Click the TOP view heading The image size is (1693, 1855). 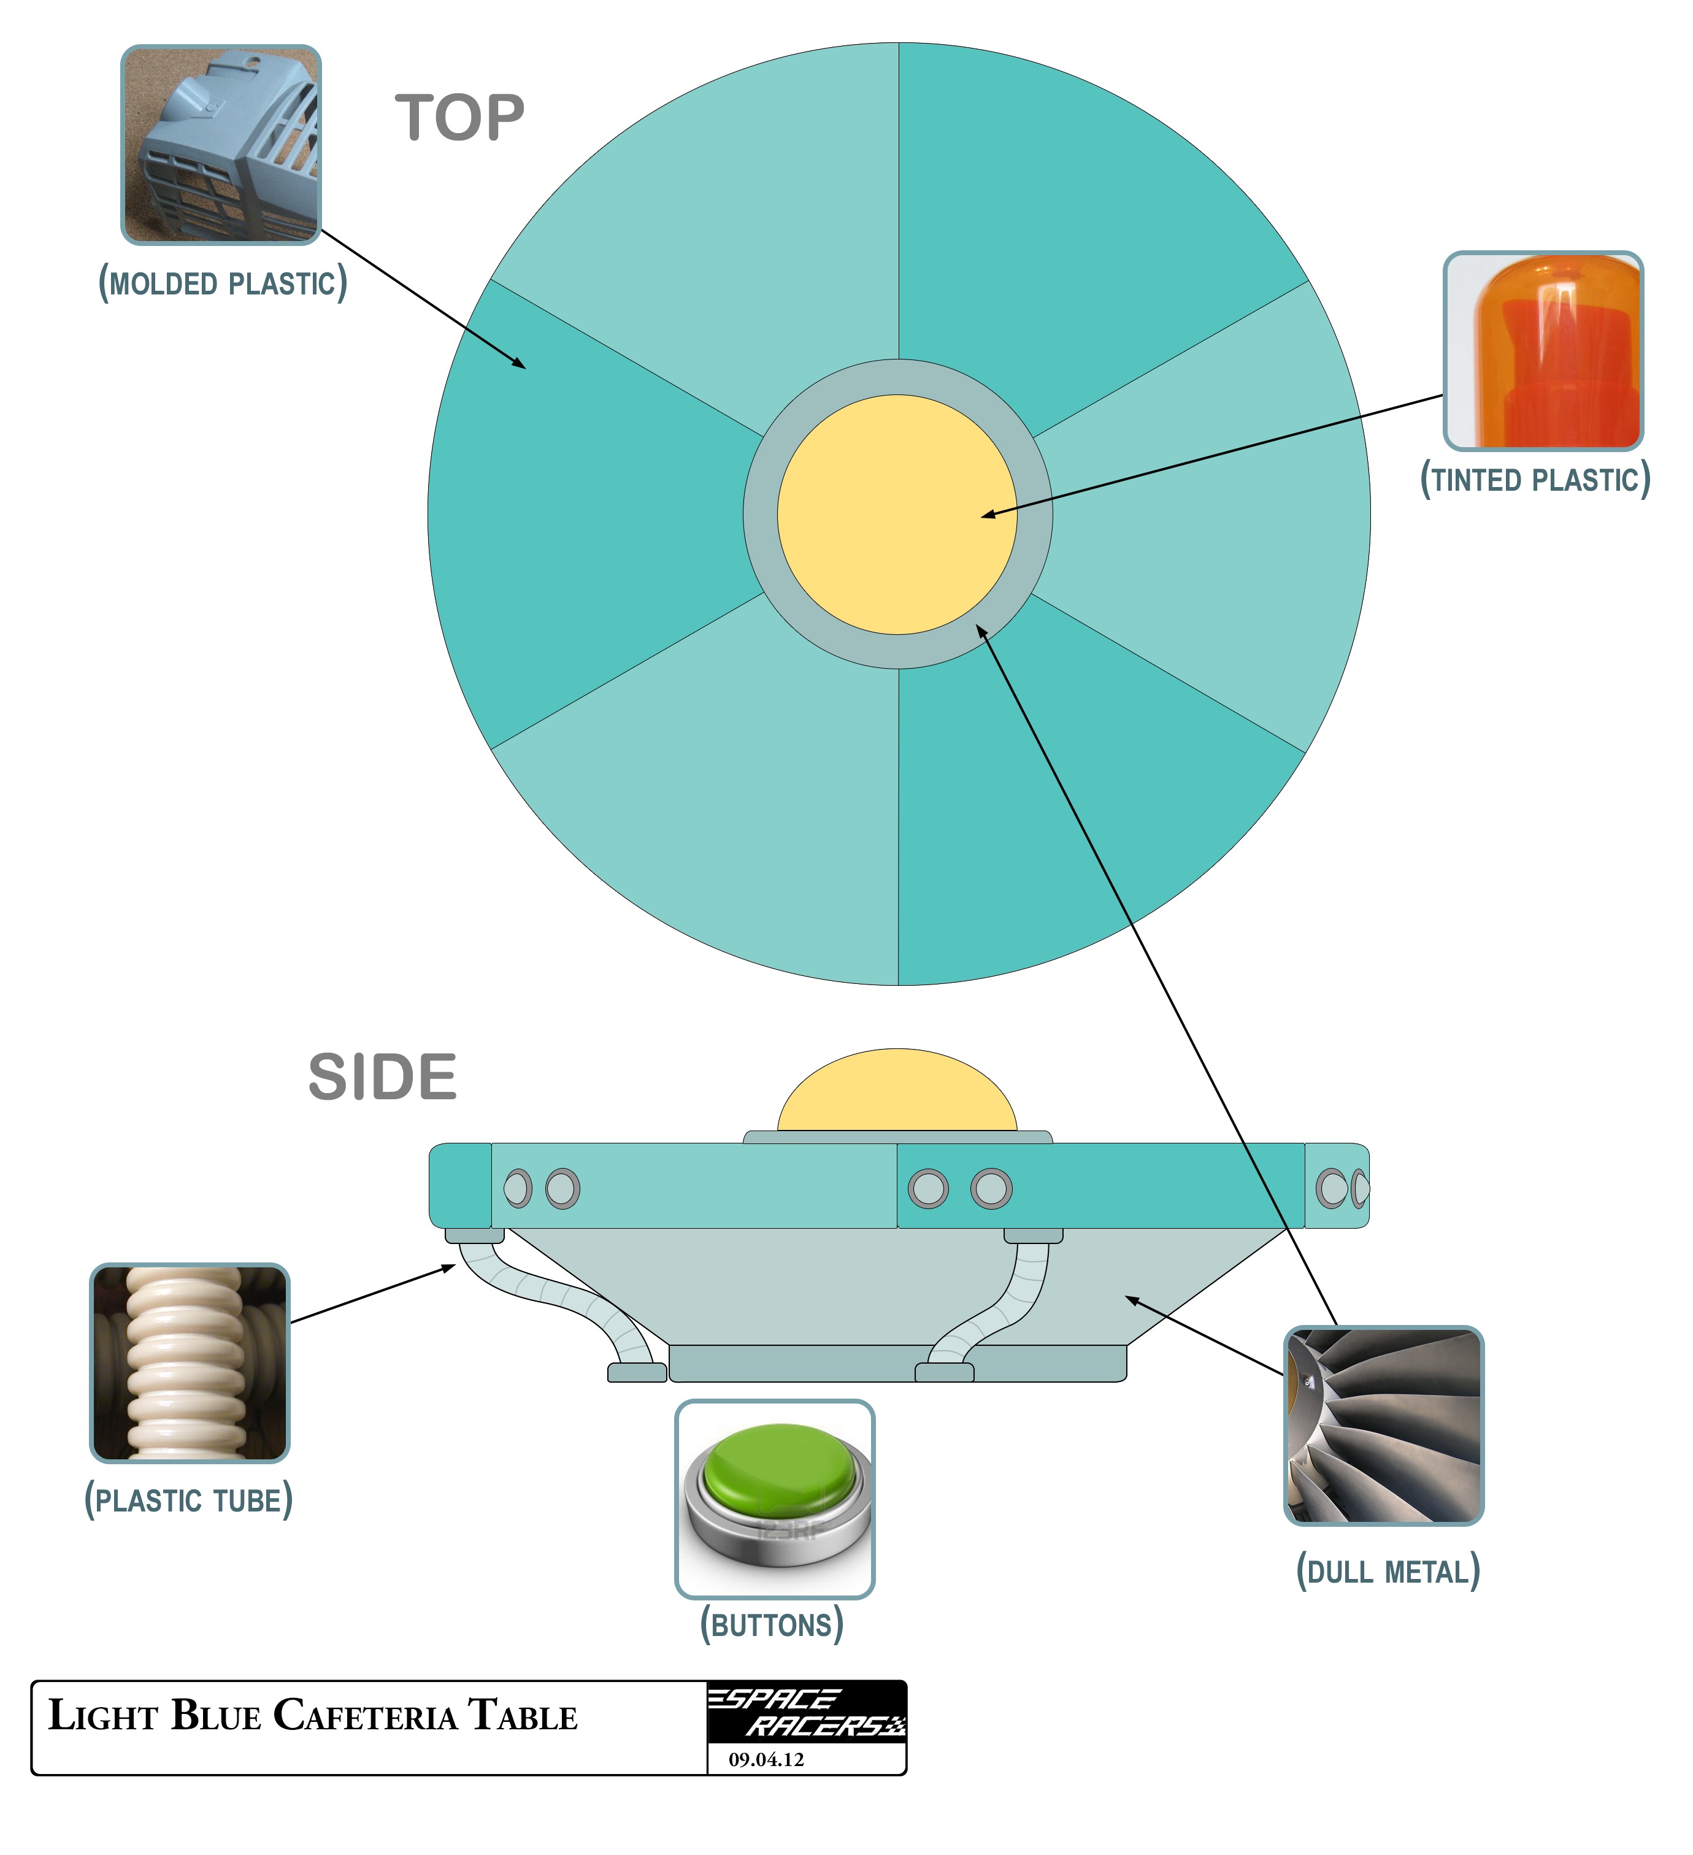coord(460,119)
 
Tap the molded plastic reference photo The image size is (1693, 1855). coord(221,145)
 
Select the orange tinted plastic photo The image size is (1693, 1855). coord(1543,351)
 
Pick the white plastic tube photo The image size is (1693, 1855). coord(190,1363)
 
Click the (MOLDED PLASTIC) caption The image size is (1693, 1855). coord(223,283)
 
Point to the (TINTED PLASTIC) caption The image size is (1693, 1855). coord(1535,480)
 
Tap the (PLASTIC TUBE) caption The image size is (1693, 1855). coord(189,1500)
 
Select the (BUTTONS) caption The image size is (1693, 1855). coord(772,1625)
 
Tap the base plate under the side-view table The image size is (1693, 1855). coord(897,1363)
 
